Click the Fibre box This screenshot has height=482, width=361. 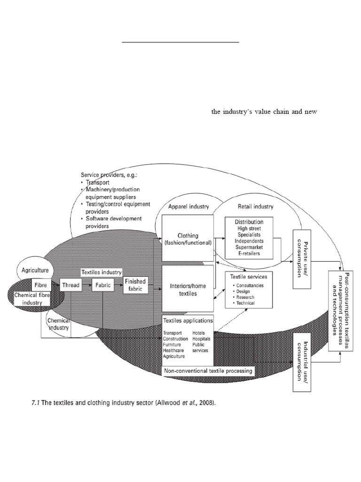tap(39, 285)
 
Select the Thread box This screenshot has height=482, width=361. tap(71, 285)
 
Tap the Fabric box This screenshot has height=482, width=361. tap(103, 285)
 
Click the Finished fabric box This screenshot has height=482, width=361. tap(135, 285)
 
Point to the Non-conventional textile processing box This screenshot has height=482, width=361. tap(208, 371)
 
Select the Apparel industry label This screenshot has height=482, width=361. tap(189, 206)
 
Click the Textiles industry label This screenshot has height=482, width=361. tap(102, 272)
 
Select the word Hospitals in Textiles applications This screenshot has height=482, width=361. tap(201, 339)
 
